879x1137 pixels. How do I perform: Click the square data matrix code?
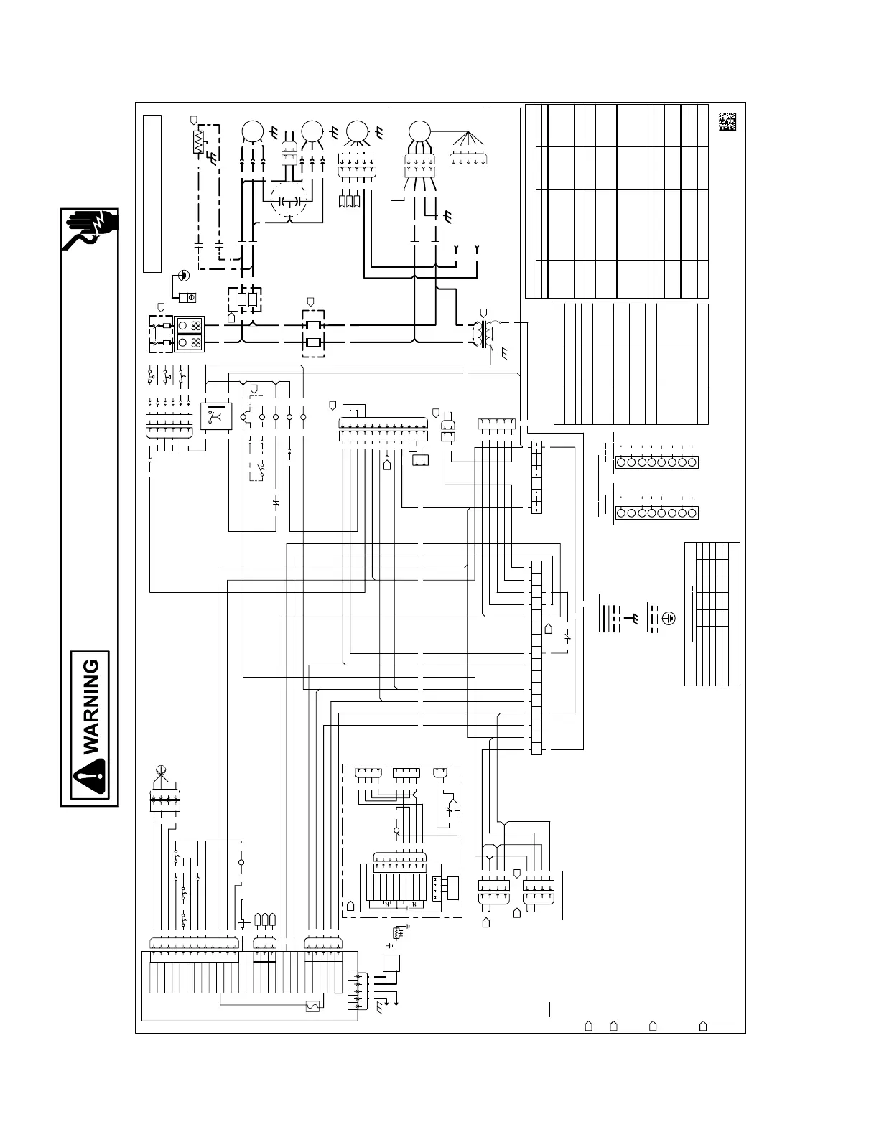tap(727, 122)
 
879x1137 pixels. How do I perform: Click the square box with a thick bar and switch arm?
tap(215, 417)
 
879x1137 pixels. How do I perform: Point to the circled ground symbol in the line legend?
tap(668, 617)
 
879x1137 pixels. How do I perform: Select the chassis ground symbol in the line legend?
tap(636, 617)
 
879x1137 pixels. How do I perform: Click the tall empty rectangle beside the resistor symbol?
tap(151, 194)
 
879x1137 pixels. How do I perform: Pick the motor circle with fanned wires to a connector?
tap(417, 132)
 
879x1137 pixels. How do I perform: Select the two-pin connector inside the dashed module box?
tap(440, 773)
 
